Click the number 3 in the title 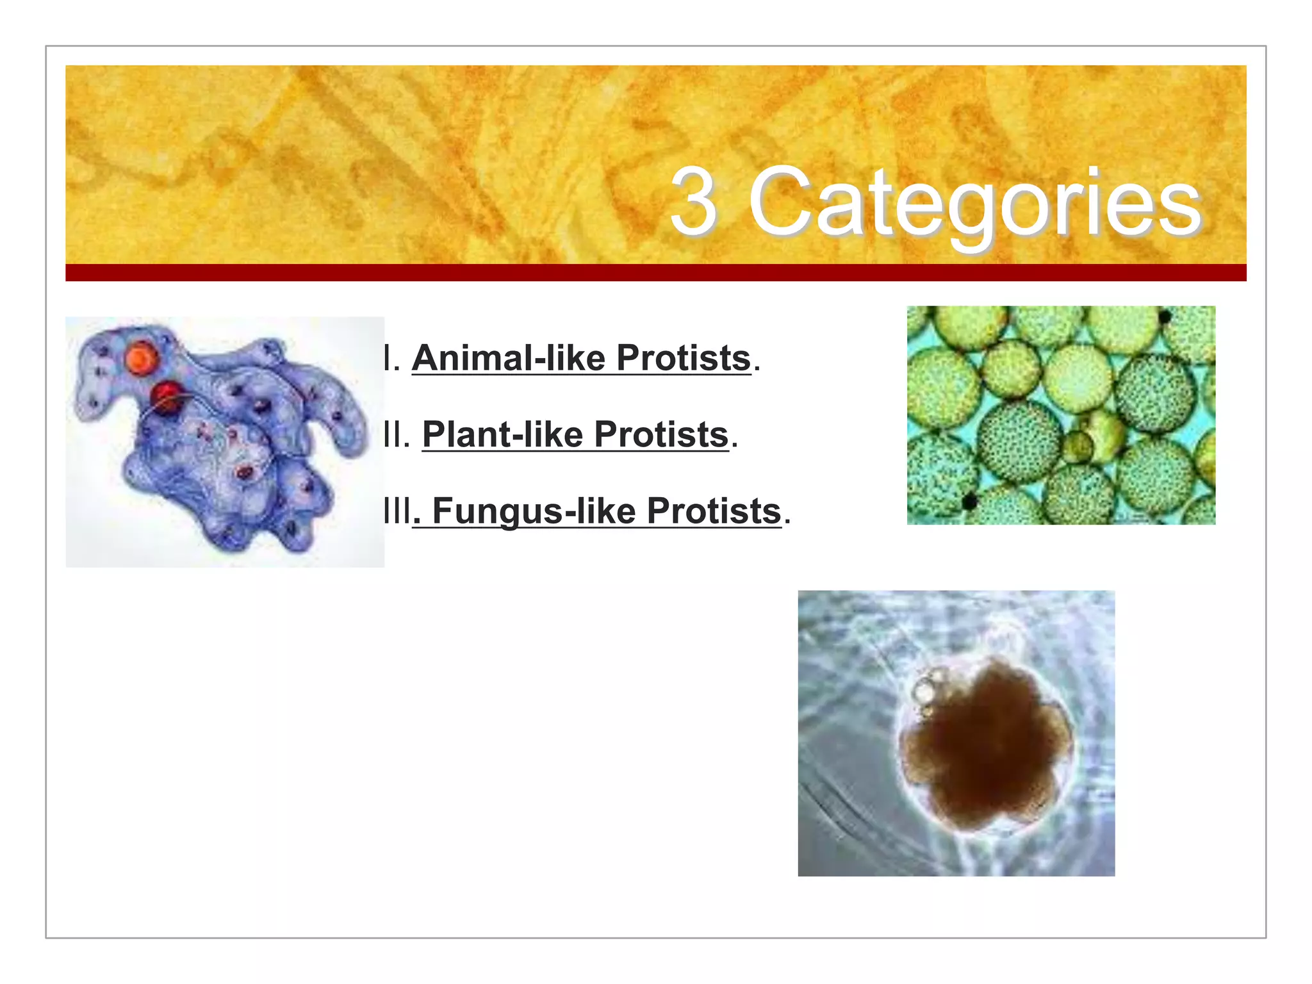click(693, 202)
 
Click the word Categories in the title click(974, 204)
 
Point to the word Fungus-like click(534, 511)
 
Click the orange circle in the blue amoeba click(140, 357)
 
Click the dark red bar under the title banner click(655, 272)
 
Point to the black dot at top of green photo click(1165, 316)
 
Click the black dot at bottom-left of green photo click(970, 502)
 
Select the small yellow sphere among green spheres click(1079, 445)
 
